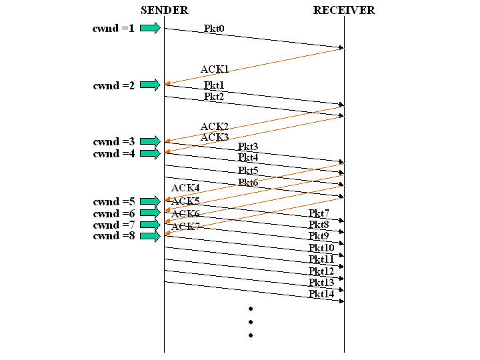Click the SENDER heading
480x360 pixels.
165,10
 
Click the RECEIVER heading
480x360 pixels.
344,10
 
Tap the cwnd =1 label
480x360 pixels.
113,29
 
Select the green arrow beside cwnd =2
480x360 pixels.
151,85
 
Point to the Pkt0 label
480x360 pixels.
215,29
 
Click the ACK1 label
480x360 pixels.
215,69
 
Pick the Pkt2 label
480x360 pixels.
215,97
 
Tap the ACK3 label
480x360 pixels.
215,137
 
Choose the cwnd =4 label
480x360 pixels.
113,153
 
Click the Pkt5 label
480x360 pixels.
248,171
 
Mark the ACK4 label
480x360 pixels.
185,189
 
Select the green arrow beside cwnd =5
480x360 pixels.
151,201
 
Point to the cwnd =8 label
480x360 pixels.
113,235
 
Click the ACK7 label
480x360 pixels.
185,227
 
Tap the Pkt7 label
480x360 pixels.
319,213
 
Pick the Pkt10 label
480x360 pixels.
321,249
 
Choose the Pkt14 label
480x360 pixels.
321,294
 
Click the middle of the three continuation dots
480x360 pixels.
251,322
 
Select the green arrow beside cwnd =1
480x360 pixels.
151,28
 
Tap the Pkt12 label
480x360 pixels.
321,271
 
